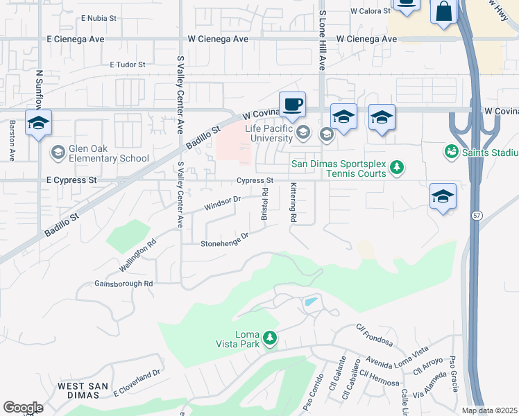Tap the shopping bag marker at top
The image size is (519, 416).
pyautogui.click(x=443, y=12)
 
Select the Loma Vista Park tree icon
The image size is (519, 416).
pyautogui.click(x=270, y=339)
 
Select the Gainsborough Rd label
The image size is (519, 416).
pyautogui.click(x=124, y=284)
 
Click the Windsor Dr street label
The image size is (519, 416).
pyautogui.click(x=222, y=203)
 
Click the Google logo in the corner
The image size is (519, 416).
pyautogui.click(x=23, y=408)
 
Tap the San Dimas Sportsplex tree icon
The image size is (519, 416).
pyautogui.click(x=397, y=167)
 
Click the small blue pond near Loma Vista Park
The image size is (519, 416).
pyautogui.click(x=310, y=302)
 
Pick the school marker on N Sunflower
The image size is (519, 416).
pyautogui.click(x=38, y=123)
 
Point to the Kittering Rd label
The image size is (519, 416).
pyautogui.click(x=293, y=202)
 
